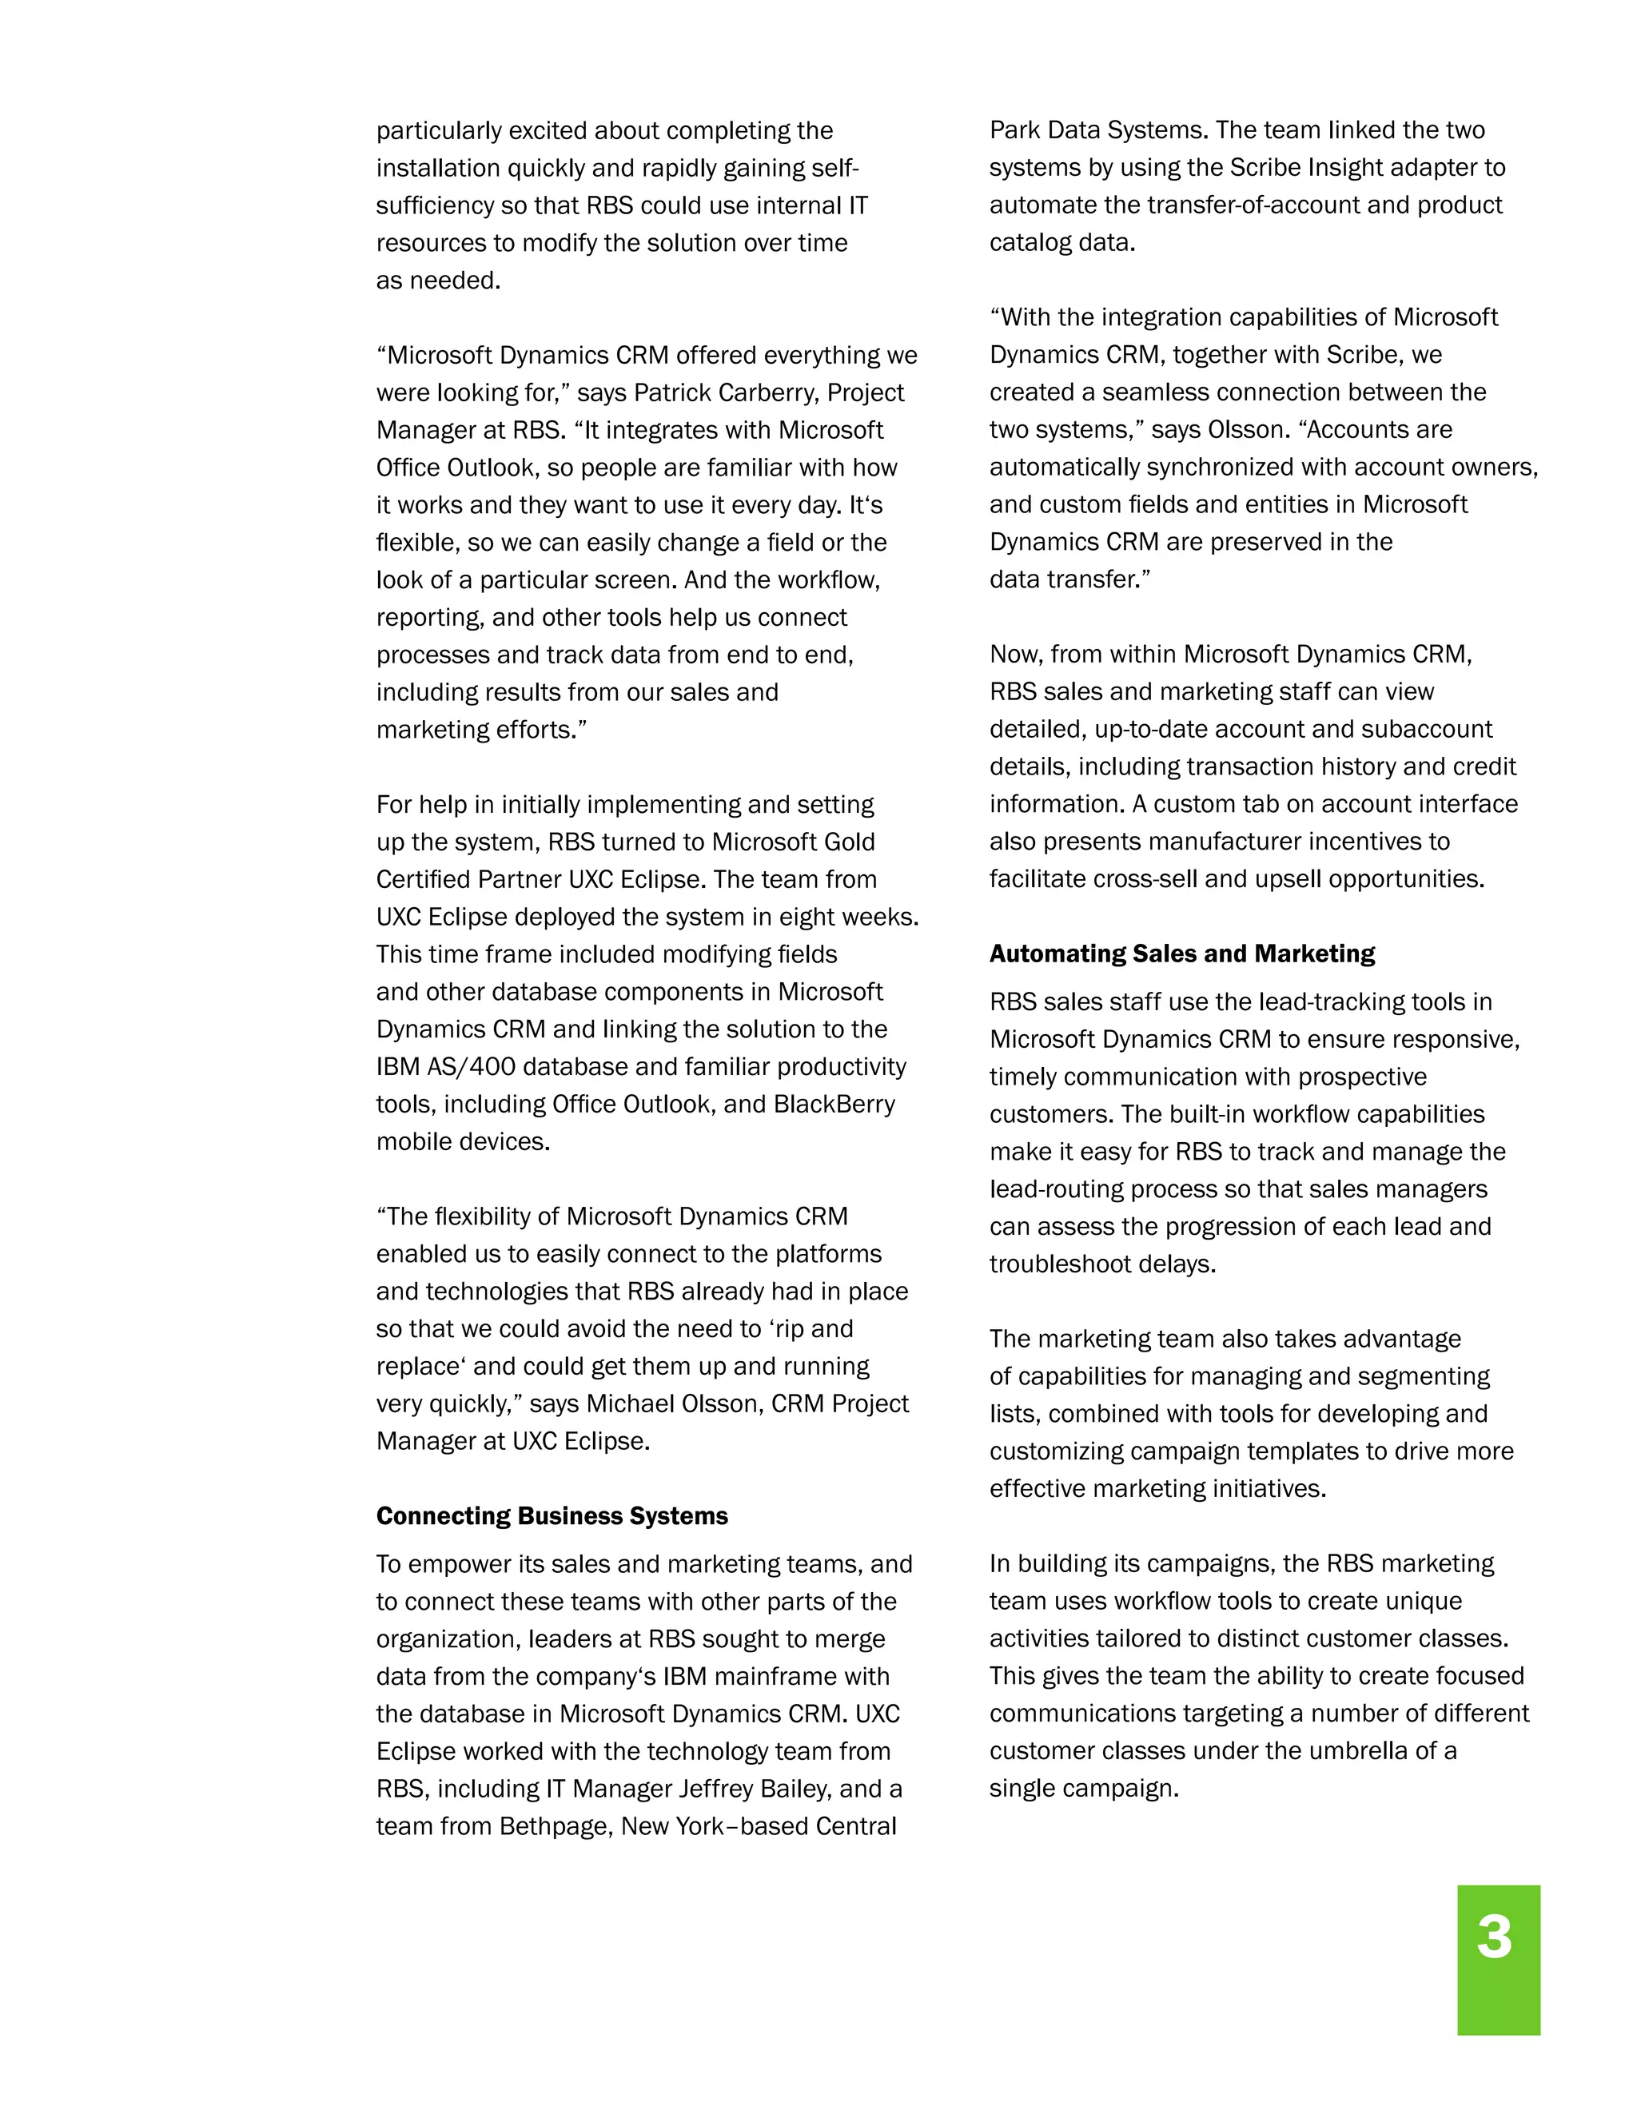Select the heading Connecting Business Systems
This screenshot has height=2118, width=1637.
point(552,1515)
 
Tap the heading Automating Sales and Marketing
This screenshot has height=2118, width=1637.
point(1181,953)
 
